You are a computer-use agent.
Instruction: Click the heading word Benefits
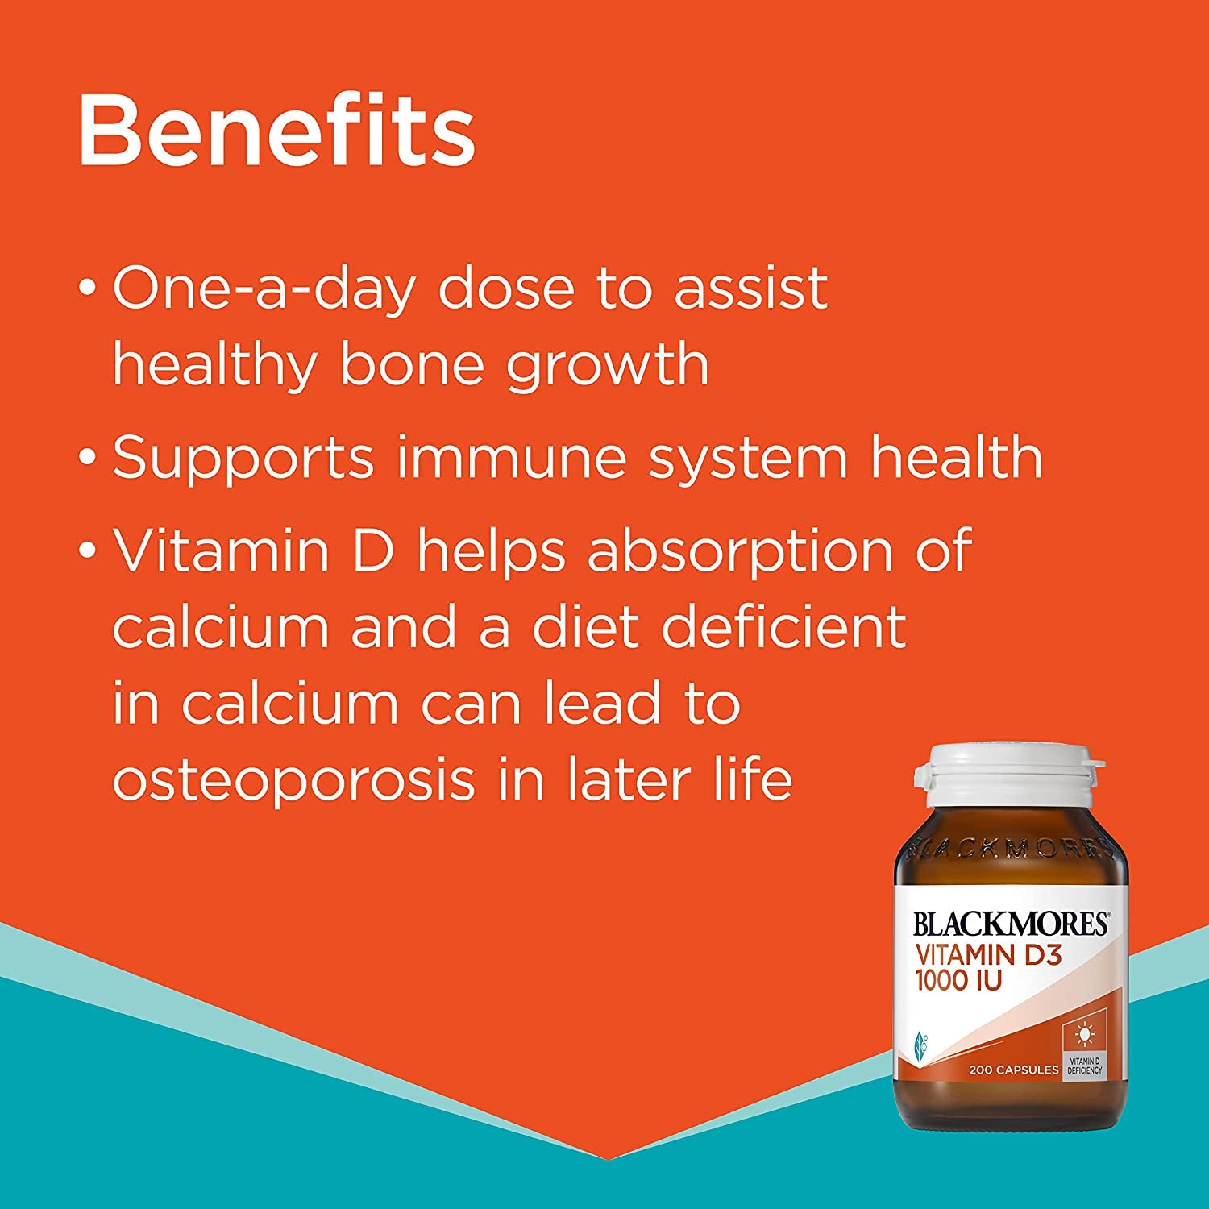coord(276,130)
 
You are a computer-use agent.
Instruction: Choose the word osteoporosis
coord(293,781)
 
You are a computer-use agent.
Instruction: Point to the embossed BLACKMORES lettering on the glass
coord(1009,847)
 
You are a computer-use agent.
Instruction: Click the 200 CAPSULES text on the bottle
coord(1014,1070)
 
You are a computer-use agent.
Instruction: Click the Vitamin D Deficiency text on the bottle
coord(1084,1066)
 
